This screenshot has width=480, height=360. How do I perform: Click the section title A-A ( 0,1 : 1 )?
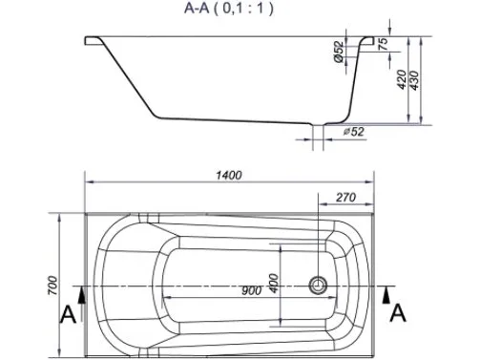[228, 8]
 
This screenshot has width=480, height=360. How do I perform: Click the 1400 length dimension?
[229, 175]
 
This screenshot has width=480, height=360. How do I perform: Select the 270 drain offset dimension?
[345, 198]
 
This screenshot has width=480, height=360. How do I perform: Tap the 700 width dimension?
[53, 286]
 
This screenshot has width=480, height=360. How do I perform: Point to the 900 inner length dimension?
[251, 290]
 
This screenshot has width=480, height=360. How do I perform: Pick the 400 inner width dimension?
[274, 283]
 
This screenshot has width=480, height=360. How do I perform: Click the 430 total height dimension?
[415, 80]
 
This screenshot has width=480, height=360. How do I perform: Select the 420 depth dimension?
[402, 79]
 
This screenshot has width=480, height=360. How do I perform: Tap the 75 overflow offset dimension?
[384, 44]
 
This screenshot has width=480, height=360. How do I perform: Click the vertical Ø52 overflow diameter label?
[339, 52]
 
